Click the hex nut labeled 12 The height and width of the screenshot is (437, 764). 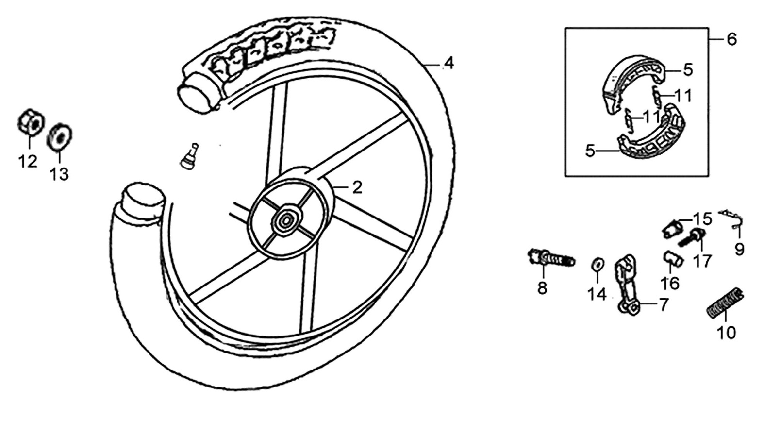(x=31, y=123)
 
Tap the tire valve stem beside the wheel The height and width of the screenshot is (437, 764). (x=190, y=156)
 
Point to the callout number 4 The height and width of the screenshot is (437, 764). (x=449, y=64)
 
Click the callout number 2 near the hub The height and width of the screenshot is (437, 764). (x=357, y=187)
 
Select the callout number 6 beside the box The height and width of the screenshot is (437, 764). (x=731, y=39)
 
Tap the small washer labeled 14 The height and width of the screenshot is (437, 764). (x=597, y=264)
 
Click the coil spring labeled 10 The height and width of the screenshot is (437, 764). (x=724, y=303)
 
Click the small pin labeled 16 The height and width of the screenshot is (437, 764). (x=673, y=259)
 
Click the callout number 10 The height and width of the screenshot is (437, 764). (x=726, y=333)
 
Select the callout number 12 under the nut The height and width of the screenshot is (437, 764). (x=28, y=161)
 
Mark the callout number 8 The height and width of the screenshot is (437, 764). (x=542, y=288)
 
